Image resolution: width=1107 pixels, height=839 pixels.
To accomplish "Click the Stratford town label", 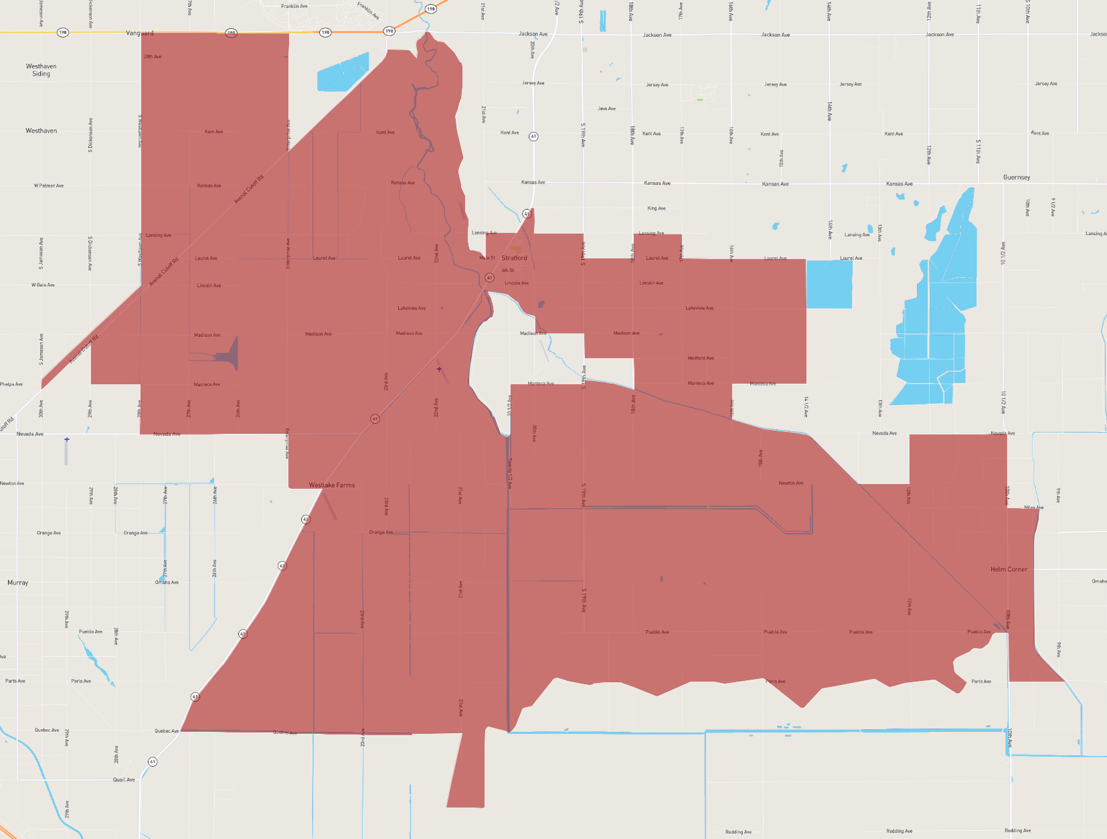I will point(514,258).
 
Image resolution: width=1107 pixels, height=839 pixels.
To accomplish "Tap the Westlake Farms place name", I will point(332,485).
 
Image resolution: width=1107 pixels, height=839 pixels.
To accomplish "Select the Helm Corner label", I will point(1009,569).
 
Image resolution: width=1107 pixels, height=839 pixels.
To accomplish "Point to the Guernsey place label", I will point(1017,177).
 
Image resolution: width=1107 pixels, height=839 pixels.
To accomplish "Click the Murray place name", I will point(18,583).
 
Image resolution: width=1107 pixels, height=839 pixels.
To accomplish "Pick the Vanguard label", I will point(140,33).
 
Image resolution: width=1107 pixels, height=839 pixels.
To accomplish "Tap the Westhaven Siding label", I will point(41,70).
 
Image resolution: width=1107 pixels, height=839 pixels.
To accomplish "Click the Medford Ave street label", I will point(701,358).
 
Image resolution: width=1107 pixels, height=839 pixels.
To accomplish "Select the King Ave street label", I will point(657,208).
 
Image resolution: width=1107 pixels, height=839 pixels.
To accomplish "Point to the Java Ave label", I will point(607,108).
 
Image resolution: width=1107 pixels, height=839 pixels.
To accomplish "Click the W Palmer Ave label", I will point(49,185).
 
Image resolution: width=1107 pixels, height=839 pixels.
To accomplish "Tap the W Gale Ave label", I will point(43,285).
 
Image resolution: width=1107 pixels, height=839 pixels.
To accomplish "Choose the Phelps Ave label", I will point(11,384).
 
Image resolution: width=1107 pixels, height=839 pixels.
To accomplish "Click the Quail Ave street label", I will point(124,779).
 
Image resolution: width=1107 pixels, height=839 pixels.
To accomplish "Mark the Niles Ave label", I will point(1033,508).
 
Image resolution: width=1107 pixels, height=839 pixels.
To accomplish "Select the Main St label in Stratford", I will point(487,258).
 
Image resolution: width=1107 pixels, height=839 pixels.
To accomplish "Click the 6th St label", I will point(508,271).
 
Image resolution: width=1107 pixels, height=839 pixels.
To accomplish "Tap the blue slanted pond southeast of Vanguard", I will point(343,72).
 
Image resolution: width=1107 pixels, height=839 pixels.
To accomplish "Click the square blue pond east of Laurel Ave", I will point(829,284).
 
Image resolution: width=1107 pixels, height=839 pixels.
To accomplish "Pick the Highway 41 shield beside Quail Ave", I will point(153,762).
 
